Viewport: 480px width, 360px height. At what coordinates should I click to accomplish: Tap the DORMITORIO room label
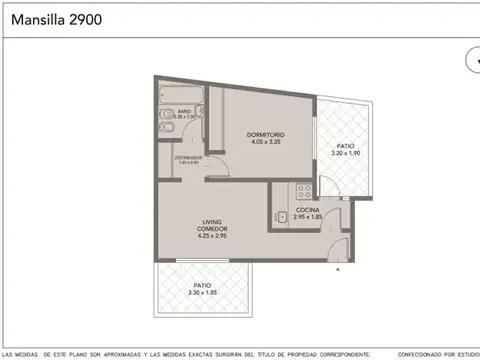point(266,134)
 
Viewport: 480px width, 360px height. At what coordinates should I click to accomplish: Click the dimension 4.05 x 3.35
point(266,142)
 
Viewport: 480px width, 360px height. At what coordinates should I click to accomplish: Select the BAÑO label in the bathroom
point(184,111)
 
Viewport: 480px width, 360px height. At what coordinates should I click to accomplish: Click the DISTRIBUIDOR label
point(188,157)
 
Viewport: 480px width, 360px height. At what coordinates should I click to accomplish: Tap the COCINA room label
point(307,209)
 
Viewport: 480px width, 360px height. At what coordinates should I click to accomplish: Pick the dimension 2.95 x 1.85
point(307,217)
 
